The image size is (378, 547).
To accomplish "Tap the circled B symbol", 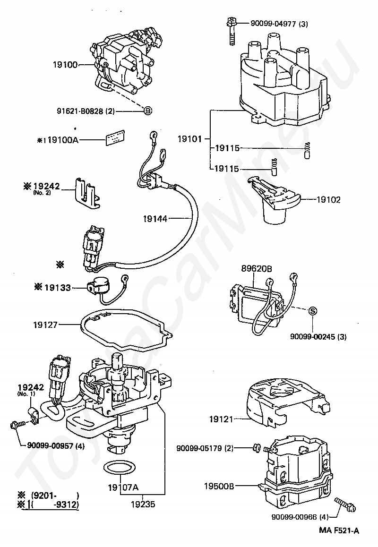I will coord(147,111).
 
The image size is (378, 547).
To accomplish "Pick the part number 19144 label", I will coord(155,219).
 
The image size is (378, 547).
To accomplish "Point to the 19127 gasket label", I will coord(45,325).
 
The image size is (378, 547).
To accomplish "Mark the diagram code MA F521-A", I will coord(339,530).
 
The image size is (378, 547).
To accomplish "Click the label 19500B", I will coord(219,486).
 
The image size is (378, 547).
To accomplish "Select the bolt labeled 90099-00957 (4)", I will coord(16,424).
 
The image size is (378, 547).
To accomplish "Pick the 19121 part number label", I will coord(222,419).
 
